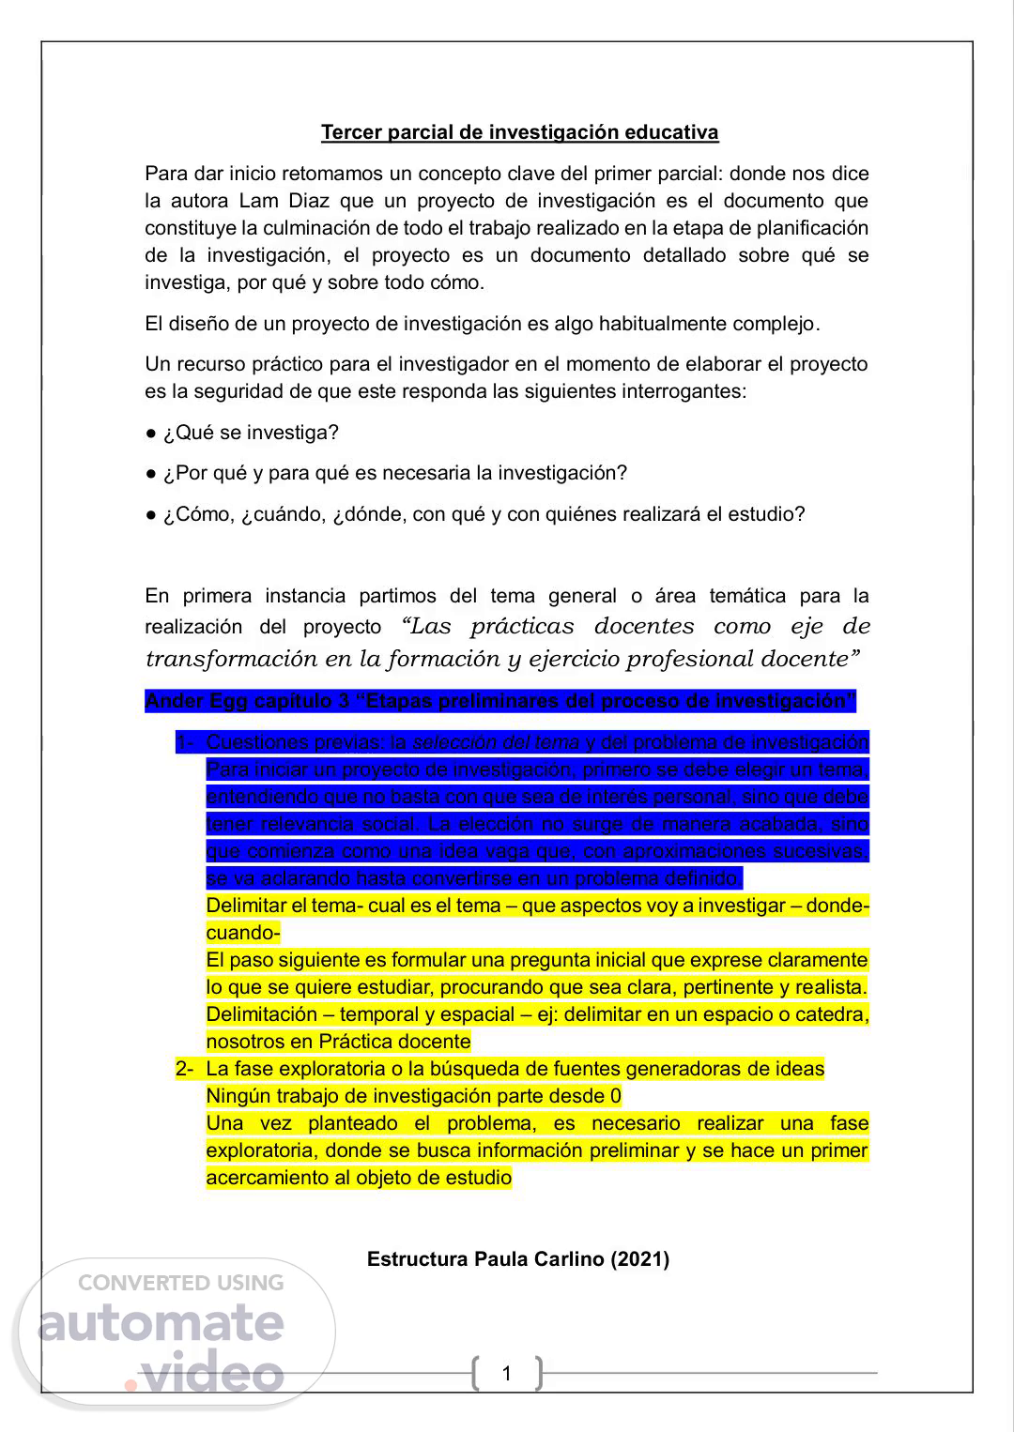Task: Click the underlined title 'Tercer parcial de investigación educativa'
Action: click(x=519, y=132)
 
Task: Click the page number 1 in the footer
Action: click(x=507, y=1374)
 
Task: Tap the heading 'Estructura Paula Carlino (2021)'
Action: click(x=518, y=1259)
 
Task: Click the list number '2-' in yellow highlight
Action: click(x=185, y=1069)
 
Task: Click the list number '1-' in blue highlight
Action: click(x=185, y=742)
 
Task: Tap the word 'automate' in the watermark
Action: click(x=161, y=1323)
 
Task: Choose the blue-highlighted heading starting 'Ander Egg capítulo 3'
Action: click(x=499, y=701)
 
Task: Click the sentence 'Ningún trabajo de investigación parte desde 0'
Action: click(x=413, y=1096)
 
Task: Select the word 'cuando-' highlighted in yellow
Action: click(x=243, y=933)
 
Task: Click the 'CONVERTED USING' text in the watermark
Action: click(x=180, y=1283)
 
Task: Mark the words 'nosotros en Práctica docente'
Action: click(x=338, y=1042)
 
